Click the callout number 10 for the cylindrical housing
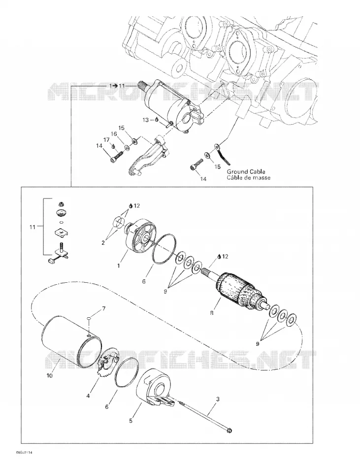[50, 375]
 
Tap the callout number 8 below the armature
[212, 313]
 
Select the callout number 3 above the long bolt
[218, 399]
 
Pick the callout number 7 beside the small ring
[104, 308]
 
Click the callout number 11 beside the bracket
[32, 227]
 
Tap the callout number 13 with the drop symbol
[145, 120]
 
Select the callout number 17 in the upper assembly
[106, 140]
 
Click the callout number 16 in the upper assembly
[114, 134]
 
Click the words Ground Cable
[246, 171]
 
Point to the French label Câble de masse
[248, 177]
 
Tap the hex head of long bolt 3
[229, 431]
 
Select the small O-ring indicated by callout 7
[89, 319]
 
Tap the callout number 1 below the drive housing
[118, 266]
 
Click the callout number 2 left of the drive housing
[103, 243]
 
